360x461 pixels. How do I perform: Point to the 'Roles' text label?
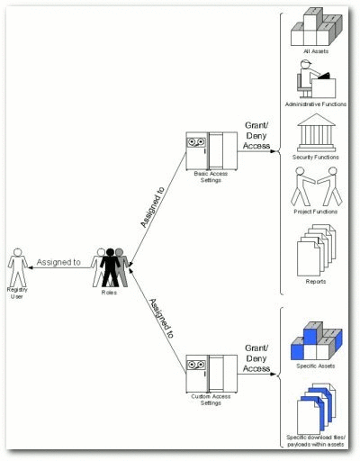(112, 293)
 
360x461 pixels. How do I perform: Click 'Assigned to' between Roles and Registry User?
(58, 262)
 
